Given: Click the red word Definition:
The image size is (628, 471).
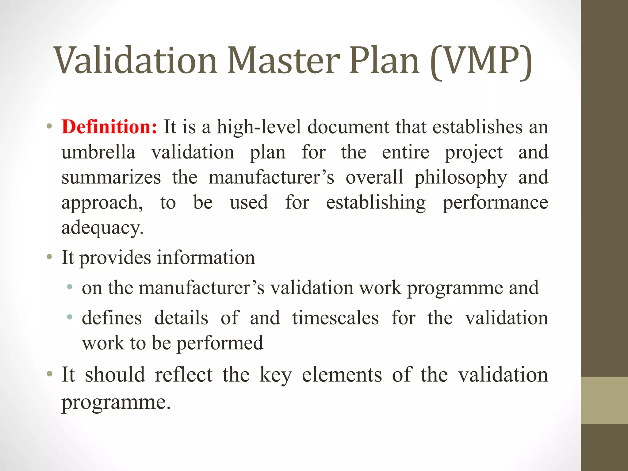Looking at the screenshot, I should (x=109, y=127).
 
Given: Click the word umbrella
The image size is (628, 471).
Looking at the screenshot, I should (x=98, y=152).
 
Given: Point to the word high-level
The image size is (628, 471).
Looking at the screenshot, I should (x=259, y=127).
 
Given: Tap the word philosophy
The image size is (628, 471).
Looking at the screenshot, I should (x=461, y=178).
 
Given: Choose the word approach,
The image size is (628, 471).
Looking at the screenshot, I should (x=102, y=203).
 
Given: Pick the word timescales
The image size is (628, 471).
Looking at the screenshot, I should (x=335, y=318).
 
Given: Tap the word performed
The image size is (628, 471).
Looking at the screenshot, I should (x=220, y=343).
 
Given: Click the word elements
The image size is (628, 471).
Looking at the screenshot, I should (x=342, y=375).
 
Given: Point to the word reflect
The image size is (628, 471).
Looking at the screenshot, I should (x=183, y=375).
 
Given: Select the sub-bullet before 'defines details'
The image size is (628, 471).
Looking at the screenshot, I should (x=70, y=317).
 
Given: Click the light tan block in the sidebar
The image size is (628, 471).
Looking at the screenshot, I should (x=604, y=400).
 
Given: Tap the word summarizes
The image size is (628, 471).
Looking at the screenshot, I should (x=111, y=178).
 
